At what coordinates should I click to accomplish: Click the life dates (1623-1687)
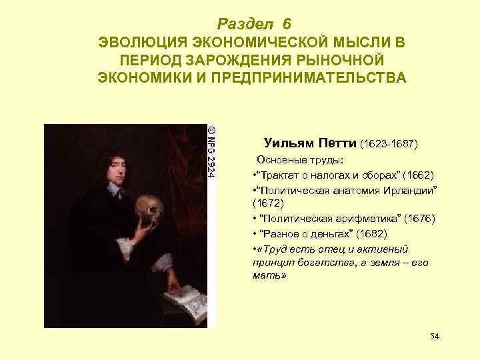389,143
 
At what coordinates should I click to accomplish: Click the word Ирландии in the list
408,190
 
